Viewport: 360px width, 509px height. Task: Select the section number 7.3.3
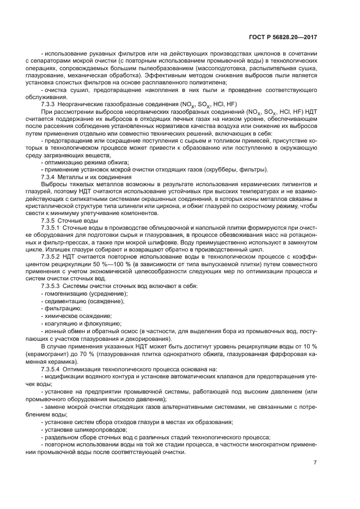(52, 103)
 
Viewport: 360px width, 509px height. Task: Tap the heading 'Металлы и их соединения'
(97, 177)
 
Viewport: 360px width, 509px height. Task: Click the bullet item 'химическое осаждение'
(71, 317)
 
